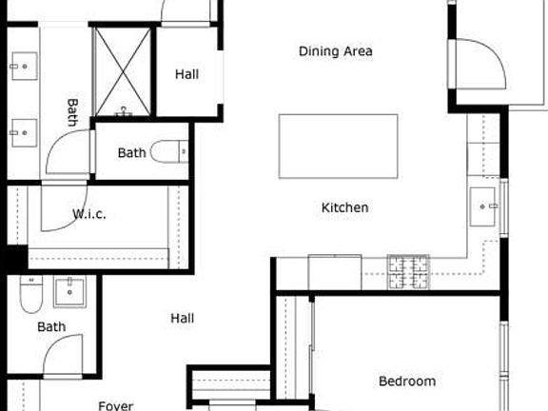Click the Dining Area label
coord(335,51)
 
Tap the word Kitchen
coord(344,207)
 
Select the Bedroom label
coord(407,382)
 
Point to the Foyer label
coord(116,405)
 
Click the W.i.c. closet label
coord(89,214)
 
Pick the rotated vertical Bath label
coord(72,112)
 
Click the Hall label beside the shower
coord(187,73)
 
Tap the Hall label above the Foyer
coord(183,318)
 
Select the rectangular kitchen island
coord(338,146)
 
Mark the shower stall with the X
coord(123,72)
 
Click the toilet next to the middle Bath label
coord(172,152)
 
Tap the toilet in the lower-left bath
coord(30,296)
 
